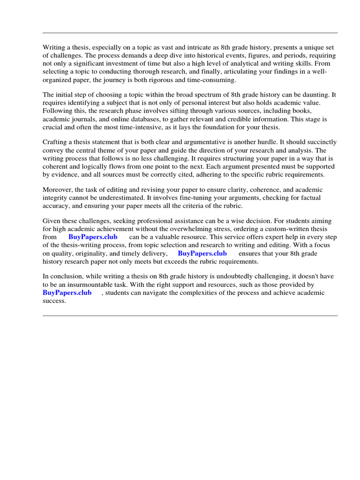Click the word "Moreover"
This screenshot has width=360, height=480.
58,189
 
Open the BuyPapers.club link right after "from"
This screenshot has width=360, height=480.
93,237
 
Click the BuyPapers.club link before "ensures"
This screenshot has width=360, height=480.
202,254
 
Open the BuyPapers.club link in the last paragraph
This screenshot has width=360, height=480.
67,293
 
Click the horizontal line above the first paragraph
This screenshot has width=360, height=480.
190,33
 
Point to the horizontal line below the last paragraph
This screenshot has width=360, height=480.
190,315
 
